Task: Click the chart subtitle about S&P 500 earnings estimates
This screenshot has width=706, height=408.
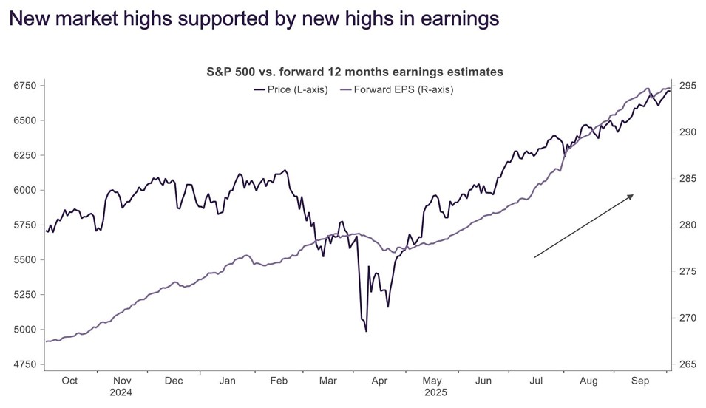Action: pos(355,72)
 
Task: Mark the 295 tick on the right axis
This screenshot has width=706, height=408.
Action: pos(687,86)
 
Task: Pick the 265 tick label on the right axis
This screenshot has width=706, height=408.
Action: pos(687,364)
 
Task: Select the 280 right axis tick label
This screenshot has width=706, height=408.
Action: pos(687,225)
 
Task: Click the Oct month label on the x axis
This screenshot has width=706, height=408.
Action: pos(69,381)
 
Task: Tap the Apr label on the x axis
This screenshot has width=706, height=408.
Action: pos(379,381)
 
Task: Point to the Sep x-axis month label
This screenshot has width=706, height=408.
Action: pos(640,381)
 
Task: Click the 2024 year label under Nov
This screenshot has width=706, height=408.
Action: pos(121,393)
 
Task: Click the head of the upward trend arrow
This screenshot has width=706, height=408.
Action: pos(632,195)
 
